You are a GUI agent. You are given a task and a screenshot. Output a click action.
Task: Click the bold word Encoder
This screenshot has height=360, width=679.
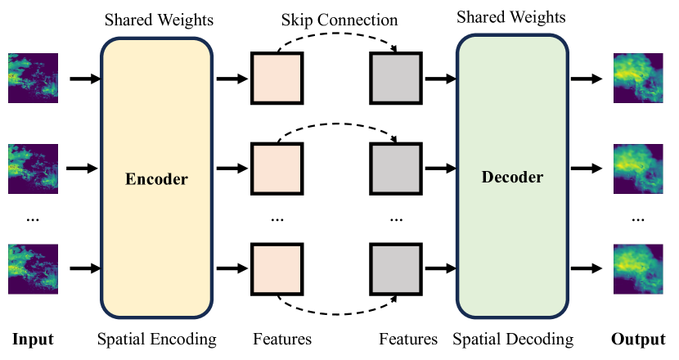coord(156,179)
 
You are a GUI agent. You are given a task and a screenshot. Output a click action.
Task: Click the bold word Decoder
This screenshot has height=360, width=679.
coord(512,177)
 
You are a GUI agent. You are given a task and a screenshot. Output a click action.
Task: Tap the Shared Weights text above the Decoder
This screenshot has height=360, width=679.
coord(512,16)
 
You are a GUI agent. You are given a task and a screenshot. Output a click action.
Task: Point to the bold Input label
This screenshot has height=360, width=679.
coord(33,339)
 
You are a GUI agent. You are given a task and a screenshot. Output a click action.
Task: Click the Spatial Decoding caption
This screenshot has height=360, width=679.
coord(513,339)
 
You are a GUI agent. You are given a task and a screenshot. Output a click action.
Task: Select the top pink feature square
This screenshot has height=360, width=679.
coord(277,79)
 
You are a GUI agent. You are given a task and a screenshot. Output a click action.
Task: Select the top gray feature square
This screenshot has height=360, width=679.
coord(396,79)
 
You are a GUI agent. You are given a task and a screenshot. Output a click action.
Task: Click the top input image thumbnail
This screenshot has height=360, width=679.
coord(34,79)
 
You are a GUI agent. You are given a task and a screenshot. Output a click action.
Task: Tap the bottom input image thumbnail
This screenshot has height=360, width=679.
coord(34,268)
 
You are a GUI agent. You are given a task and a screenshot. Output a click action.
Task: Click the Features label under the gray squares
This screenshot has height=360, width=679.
coord(408,339)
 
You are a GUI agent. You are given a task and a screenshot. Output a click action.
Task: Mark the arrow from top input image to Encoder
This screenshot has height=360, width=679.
coord(84,79)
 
